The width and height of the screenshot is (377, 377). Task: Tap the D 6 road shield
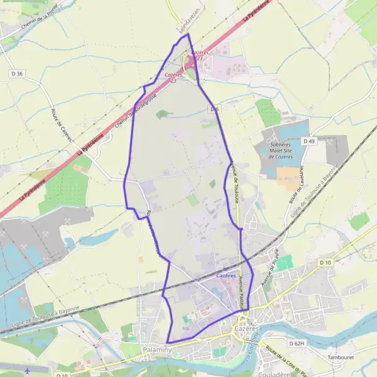pos(215,109)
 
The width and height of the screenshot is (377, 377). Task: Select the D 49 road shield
pos(309,141)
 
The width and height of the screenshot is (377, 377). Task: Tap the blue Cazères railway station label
pos(226,276)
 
